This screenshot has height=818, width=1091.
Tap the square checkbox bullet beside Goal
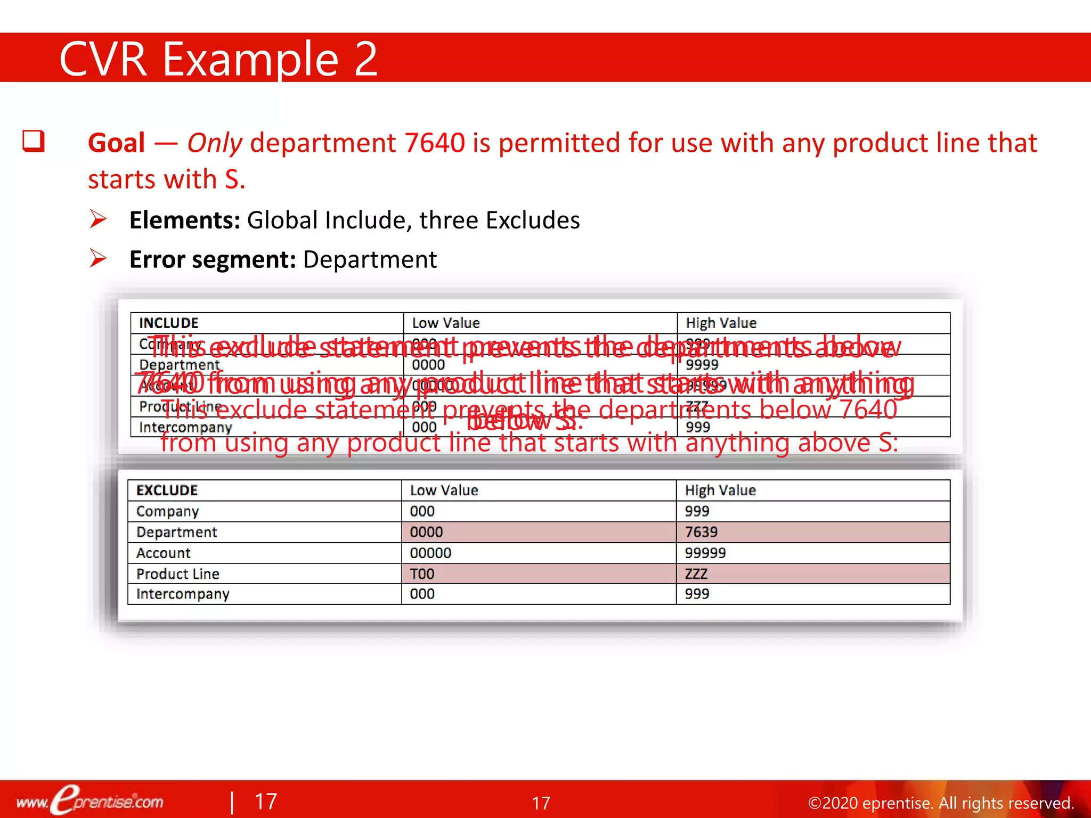pos(34,142)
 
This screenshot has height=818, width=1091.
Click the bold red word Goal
pos(117,143)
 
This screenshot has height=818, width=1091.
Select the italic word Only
pos(214,143)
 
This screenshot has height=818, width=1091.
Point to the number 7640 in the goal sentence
pos(434,143)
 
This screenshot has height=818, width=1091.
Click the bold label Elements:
pos(185,220)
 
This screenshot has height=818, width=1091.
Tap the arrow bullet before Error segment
pos(99,259)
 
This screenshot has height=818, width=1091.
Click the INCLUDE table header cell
pos(169,323)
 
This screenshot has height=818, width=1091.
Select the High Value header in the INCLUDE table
pos(721,323)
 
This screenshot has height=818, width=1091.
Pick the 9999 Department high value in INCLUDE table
pos(702,365)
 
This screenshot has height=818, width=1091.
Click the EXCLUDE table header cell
pos(167,490)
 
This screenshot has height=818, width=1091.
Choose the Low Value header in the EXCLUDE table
pos(444,490)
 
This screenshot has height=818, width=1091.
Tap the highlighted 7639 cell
pos(701,532)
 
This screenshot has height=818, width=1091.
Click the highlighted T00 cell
pos(422,574)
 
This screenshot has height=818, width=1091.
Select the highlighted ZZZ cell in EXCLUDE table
pos(696,574)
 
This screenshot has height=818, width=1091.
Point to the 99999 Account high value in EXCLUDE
pos(705,553)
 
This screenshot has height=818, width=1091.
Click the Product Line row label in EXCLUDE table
pos(178,574)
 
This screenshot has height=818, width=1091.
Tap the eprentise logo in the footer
pos(91,800)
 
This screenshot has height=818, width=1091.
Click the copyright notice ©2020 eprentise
pos(940,803)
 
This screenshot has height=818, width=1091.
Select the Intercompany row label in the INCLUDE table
pos(185,428)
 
